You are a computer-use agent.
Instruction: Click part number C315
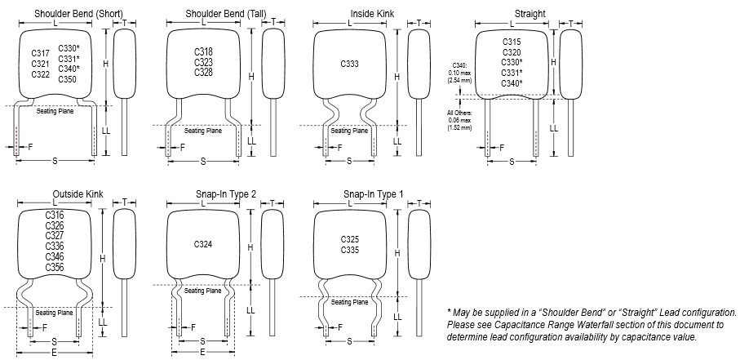(x=511, y=41)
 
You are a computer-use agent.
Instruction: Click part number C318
(x=203, y=51)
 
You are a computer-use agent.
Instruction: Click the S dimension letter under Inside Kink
(x=349, y=161)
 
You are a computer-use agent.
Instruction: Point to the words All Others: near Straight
(x=457, y=113)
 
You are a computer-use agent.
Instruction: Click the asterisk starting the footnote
(x=450, y=313)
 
